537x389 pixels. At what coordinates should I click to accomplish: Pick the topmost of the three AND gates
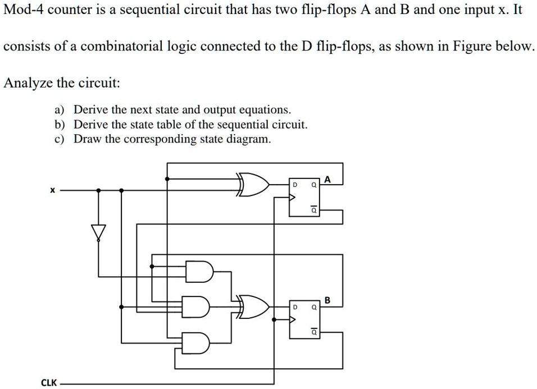pyautogui.click(x=199, y=271)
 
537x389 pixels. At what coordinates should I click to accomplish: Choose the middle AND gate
pyautogui.click(x=199, y=306)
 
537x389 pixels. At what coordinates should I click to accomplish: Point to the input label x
pyautogui.click(x=52, y=191)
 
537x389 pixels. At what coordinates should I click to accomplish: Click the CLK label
pyautogui.click(x=49, y=383)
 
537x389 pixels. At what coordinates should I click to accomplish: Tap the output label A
pyautogui.click(x=328, y=180)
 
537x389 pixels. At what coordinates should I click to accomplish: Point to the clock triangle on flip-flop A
pyautogui.click(x=292, y=197)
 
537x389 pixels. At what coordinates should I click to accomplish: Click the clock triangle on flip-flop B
pyautogui.click(x=292, y=319)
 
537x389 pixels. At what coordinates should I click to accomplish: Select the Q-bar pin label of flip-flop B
pyautogui.click(x=315, y=332)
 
